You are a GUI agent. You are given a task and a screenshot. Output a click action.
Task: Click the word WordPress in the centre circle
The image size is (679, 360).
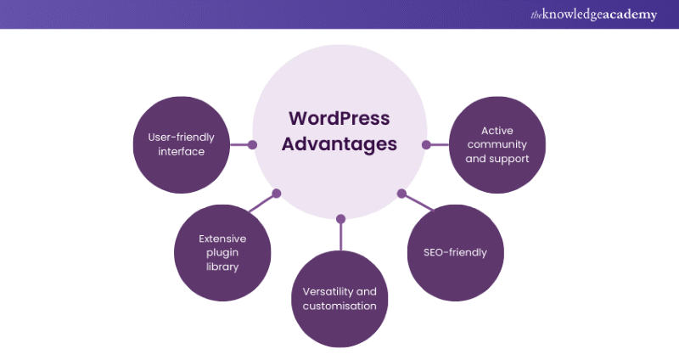339,118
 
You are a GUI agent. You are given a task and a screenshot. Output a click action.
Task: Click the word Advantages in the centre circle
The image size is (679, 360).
339,143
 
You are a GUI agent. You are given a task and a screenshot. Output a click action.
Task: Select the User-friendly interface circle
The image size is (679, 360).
182,144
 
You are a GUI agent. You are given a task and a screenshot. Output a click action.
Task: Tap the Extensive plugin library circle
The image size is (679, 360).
222,252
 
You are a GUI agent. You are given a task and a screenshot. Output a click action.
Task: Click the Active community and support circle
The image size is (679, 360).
497,144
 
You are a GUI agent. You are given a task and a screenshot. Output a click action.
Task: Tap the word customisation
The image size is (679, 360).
339,306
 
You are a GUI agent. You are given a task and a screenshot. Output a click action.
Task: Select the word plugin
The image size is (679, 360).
222,253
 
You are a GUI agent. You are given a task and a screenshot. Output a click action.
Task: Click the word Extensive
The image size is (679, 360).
222,239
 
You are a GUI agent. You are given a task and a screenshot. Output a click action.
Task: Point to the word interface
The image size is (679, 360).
182,152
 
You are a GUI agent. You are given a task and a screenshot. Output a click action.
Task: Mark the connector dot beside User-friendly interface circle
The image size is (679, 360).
252,144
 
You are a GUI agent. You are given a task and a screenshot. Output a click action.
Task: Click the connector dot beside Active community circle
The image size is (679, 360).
426,144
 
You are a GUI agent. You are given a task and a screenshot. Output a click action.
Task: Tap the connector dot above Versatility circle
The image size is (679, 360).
339,218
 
